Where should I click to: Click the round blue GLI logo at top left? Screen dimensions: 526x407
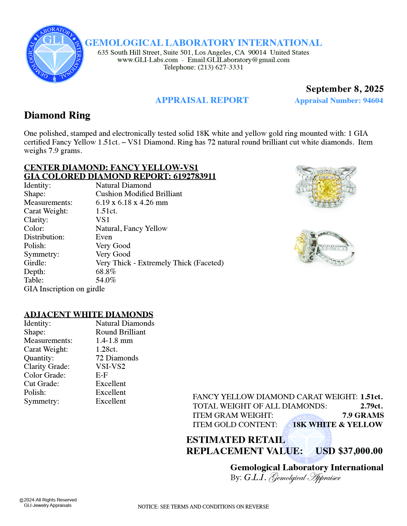coord(55,54)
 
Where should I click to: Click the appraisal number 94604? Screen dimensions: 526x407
coord(373,101)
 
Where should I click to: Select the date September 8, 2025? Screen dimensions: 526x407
coord(345,89)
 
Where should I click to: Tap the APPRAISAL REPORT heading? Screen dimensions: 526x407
coord(202,100)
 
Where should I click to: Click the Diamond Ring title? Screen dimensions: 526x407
coord(57,115)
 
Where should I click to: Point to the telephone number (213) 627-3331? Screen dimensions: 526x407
coord(220,67)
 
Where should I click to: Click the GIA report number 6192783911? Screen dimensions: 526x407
coord(194,176)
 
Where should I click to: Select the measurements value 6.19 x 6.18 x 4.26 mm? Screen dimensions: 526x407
coord(132,202)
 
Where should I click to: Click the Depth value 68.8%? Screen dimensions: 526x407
coord(106,272)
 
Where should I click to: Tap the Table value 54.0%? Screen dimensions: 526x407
coord(106,280)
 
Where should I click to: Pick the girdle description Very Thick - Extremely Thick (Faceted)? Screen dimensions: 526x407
coord(159,263)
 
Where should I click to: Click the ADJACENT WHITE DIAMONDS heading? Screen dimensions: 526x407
coord(88,315)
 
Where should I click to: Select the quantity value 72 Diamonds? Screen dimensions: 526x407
coord(117,358)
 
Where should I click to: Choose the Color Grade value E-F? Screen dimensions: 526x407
coord(102,375)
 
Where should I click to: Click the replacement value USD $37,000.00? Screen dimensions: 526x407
coord(349,451)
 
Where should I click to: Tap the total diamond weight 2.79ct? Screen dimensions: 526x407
coord(371,406)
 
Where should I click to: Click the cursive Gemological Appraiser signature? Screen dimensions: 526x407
coord(305,478)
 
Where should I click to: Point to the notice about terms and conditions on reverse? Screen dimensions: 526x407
coord(203,507)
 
